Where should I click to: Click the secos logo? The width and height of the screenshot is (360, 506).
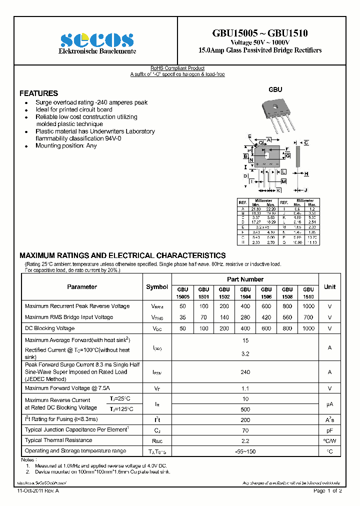[97, 40]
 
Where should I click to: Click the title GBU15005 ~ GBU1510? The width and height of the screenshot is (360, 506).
[260, 33]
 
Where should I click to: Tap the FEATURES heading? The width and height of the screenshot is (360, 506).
[38, 93]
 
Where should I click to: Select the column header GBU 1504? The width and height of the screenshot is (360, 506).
[245, 292]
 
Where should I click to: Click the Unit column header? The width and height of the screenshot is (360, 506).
[329, 287]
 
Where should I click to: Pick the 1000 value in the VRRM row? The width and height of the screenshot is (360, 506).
[308, 306]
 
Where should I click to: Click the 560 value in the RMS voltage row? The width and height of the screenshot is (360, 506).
[287, 317]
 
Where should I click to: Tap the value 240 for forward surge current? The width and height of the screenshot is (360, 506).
[245, 372]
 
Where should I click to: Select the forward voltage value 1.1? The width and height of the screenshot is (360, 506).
[245, 388]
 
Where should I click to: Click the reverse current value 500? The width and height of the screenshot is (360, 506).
[245, 409]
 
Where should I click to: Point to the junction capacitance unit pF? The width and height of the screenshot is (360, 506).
[329, 430]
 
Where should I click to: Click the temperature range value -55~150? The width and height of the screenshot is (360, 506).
[245, 451]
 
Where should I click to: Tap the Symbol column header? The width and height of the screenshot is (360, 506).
[157, 287]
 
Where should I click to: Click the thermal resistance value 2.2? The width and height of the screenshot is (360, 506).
[245, 441]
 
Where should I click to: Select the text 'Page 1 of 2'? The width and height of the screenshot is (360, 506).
[327, 491]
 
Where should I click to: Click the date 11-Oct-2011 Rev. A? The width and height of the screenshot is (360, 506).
[38, 491]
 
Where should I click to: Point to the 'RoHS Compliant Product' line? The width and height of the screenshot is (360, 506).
[177, 68]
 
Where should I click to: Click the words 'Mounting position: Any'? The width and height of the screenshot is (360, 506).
[66, 146]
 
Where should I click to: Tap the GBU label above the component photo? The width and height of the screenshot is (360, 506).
[275, 89]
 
